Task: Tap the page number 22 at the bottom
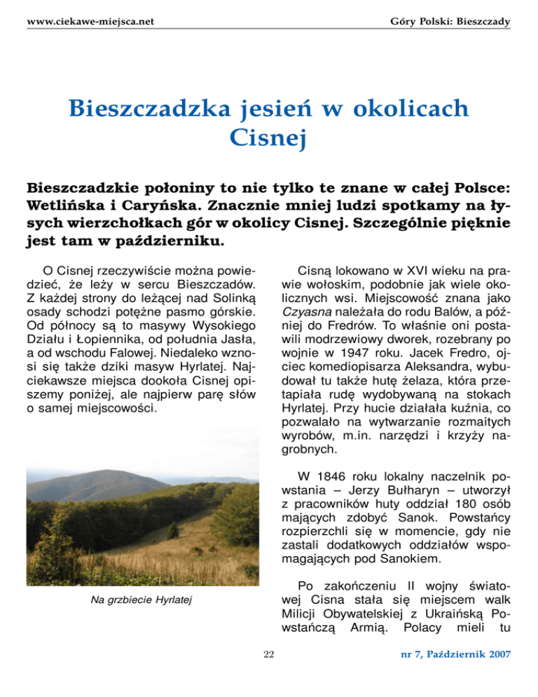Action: pos(268,654)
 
